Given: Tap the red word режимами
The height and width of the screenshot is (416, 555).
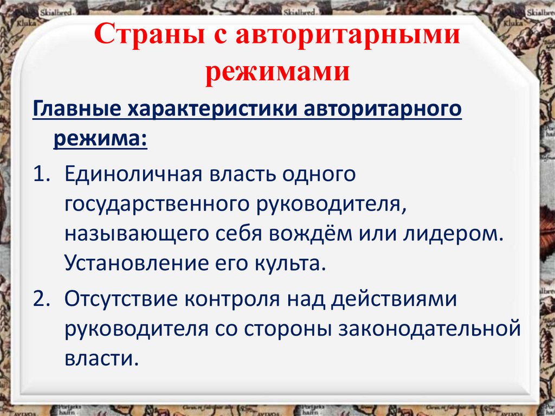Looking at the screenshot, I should (x=277, y=71).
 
